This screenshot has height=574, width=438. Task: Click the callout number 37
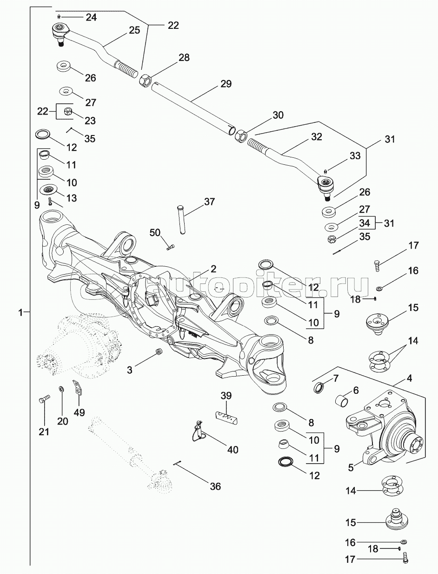209,202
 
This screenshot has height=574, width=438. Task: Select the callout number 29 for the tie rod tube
226,84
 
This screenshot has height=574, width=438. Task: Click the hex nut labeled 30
241,136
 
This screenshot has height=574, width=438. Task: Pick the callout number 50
155,232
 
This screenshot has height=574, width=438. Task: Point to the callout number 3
130,370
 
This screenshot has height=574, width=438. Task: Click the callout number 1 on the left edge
20,313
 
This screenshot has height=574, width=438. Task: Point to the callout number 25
134,30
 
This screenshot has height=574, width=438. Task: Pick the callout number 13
71,198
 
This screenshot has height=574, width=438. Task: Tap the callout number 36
215,486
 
